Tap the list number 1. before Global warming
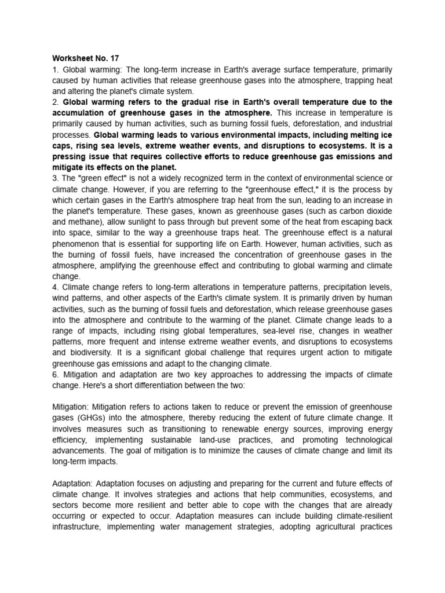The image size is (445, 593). click(56, 69)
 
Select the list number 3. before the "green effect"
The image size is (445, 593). click(56, 179)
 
